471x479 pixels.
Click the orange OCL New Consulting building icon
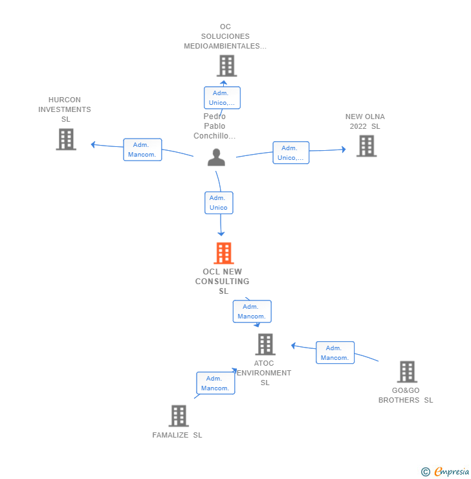223,253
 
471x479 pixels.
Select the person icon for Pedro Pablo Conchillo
216,157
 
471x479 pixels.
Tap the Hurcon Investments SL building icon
66,139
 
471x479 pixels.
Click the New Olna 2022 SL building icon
366,146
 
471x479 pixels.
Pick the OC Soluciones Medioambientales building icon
226,65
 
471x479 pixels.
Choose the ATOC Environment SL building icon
265,344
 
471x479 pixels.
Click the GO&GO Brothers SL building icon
407,372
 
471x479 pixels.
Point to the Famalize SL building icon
179,416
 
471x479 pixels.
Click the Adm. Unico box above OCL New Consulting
219,203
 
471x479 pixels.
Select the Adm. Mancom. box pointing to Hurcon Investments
142,150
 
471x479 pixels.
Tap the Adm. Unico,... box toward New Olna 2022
290,153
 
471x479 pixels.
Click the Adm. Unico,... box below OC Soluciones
222,98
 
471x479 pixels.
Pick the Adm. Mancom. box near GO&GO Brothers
335,353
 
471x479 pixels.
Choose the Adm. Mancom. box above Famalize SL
215,383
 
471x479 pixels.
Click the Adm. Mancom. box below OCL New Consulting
252,311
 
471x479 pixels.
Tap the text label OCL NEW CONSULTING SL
223,282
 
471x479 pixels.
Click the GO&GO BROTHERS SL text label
406,395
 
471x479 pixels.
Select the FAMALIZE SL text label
177,435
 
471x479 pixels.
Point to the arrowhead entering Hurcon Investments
93,144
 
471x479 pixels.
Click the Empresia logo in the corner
446,472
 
